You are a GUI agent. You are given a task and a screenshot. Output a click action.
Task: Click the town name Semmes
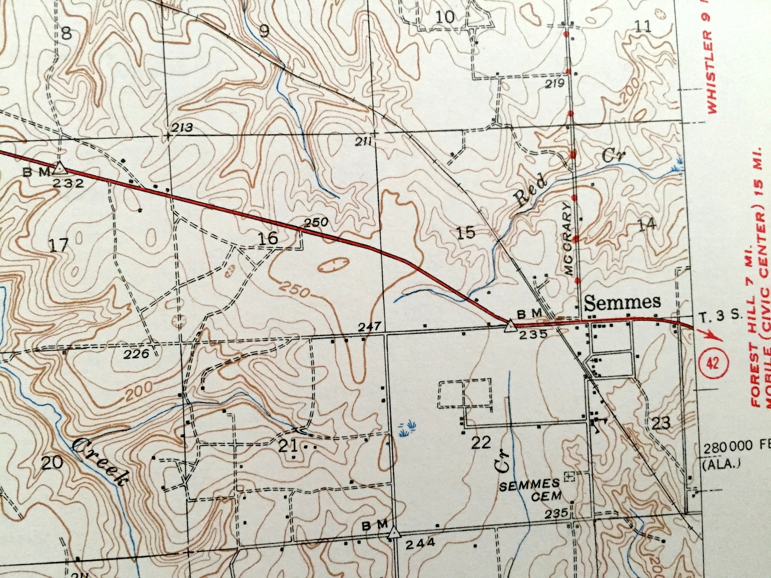pos(622,302)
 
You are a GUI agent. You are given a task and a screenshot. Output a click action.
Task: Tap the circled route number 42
pos(713,363)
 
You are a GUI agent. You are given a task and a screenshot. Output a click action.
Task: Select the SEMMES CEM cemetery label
pos(530,490)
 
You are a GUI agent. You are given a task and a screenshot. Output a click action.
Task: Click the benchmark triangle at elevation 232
pos(60,168)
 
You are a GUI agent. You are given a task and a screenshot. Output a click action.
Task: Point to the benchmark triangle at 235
pos(509,326)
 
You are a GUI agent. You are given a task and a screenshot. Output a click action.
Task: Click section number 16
pos(268,238)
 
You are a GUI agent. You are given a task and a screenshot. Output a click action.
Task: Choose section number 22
pos(481,442)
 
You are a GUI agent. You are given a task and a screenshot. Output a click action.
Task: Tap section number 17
pos(59,245)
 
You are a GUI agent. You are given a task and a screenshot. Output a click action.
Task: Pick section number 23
pos(661,423)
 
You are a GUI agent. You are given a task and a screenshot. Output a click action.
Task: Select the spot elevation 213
pos(182,128)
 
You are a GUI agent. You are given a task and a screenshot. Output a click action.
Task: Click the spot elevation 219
pos(554,83)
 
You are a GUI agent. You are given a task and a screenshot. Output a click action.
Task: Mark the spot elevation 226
pos(136,354)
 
